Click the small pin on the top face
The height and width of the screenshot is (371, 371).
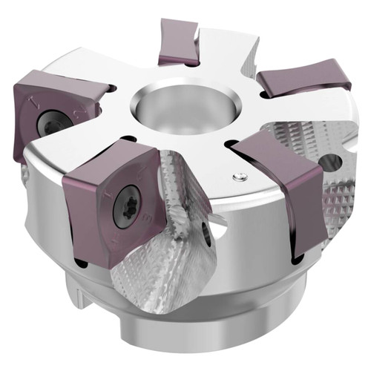[x=237, y=176]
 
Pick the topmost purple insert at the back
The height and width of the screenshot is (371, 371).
[x=180, y=43]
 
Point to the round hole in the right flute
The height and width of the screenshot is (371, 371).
[x=329, y=162]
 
